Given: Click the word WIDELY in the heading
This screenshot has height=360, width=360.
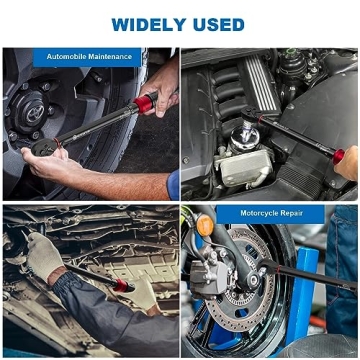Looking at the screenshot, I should [x=146, y=23].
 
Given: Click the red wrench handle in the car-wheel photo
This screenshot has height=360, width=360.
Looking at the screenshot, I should [x=147, y=103].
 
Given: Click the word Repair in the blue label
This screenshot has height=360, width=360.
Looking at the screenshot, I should [x=289, y=213].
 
